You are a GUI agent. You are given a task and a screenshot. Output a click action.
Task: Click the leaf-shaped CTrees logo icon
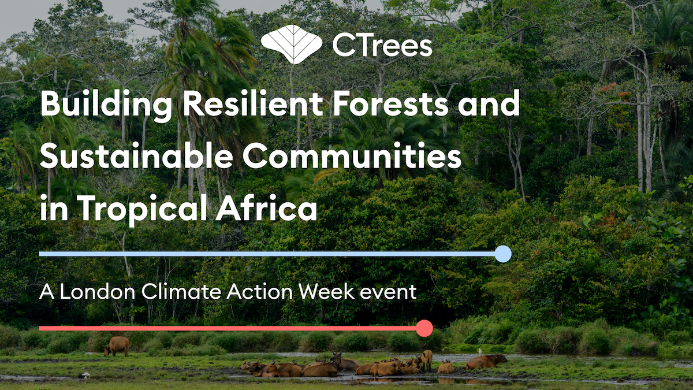(x=292, y=44)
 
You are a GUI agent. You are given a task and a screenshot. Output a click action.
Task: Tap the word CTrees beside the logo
(x=382, y=46)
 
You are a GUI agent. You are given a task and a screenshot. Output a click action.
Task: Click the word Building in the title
(x=106, y=104)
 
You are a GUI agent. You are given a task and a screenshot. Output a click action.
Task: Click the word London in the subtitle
(x=98, y=292)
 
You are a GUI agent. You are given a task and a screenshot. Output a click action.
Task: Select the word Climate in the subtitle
(x=182, y=292)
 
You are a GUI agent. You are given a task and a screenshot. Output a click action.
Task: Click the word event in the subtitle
(x=388, y=292)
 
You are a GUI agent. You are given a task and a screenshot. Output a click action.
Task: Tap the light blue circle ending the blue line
(x=503, y=254)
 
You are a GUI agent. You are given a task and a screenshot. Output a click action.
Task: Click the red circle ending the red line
(x=424, y=328)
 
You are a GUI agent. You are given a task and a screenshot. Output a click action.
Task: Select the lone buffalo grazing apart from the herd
(x=117, y=346)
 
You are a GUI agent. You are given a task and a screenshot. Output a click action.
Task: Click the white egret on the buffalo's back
(x=480, y=352)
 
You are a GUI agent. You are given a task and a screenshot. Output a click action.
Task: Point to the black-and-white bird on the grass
(x=84, y=376)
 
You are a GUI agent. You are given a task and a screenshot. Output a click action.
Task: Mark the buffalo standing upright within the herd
(x=426, y=361)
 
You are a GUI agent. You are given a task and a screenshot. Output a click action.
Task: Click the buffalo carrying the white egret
(x=486, y=362)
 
